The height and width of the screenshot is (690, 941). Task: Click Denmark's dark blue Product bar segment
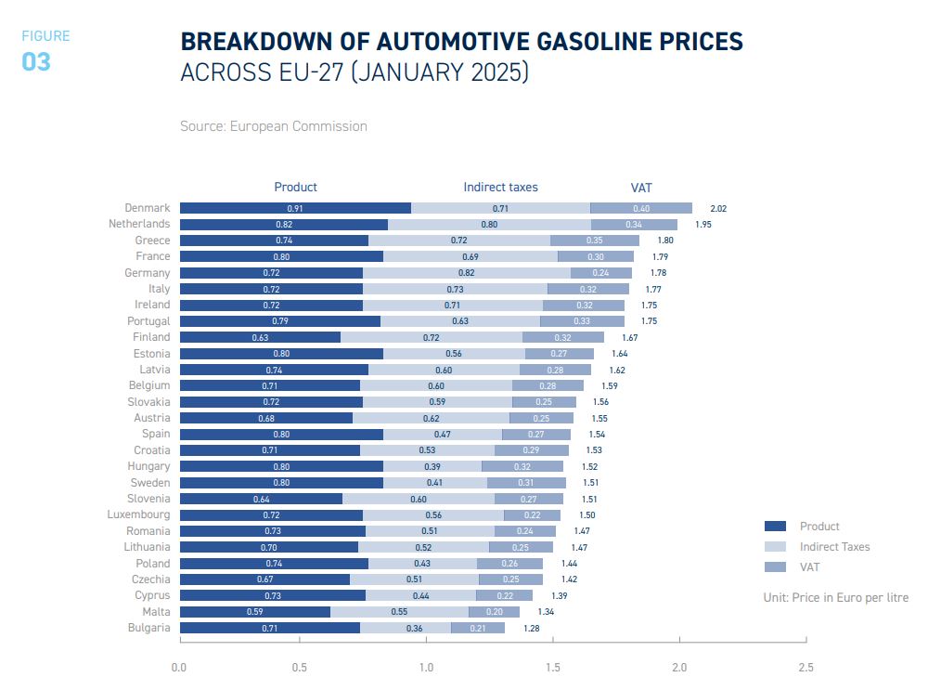pos(295,208)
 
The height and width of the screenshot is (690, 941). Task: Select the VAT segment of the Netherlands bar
pos(634,224)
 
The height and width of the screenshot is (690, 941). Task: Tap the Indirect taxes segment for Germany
pos(466,273)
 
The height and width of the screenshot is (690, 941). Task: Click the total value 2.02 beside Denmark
pos(717,209)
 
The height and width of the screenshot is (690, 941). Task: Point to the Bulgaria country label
pos(148,628)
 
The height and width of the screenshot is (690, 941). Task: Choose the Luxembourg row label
pos(138,514)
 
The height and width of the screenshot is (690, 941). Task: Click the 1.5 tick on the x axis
pos(554,667)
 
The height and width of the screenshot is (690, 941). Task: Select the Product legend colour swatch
pos(774,527)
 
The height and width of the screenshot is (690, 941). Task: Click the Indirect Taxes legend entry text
pos(834,547)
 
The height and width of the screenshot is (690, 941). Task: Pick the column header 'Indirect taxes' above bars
pos(500,188)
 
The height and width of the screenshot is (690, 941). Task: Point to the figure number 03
pos(36,62)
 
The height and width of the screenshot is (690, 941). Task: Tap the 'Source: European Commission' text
pos(274,126)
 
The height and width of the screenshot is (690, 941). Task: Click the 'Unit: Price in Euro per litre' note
pos(835,597)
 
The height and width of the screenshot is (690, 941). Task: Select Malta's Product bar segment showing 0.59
pos(254,612)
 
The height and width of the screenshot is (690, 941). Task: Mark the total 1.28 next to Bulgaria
pos(531,629)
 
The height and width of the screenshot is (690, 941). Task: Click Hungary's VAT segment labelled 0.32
pos(522,466)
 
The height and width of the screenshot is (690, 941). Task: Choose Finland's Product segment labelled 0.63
pos(260,337)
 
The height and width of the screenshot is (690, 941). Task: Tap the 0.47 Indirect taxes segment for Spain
pos(443,434)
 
